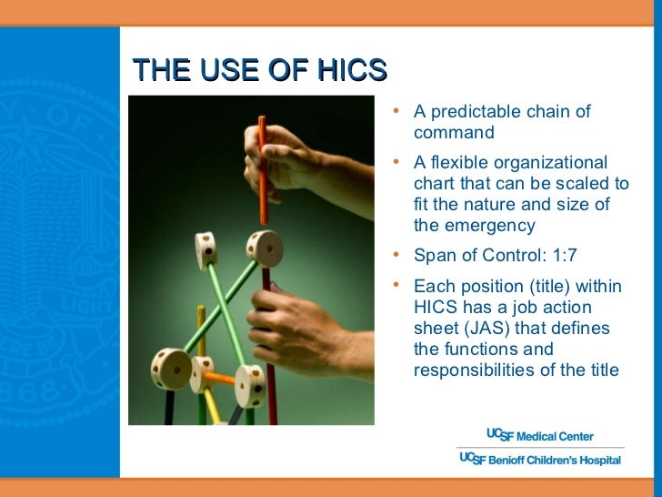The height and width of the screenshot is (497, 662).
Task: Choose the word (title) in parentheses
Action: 550,287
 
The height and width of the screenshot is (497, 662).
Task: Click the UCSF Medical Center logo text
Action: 541,435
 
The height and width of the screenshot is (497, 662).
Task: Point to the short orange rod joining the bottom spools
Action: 219,377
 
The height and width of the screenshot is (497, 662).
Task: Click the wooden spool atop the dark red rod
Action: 265,246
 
